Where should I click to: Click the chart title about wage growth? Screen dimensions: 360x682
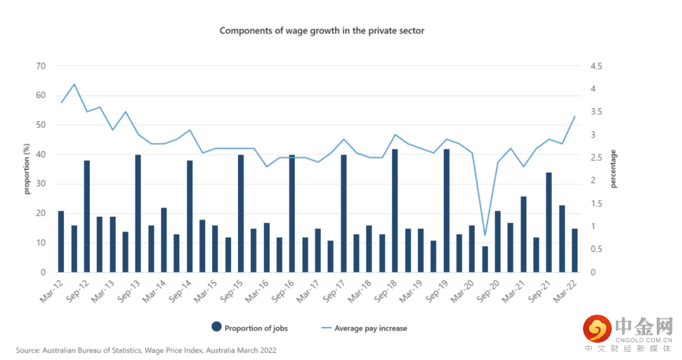(322, 30)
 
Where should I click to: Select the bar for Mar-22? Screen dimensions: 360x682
(575, 250)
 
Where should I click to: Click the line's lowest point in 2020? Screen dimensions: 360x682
(485, 236)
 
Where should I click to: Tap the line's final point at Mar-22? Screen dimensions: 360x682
(575, 116)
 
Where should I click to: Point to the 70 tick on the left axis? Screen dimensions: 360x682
(41, 66)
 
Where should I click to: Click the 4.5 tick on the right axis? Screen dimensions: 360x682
(596, 66)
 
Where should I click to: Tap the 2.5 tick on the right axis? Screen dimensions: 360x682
(596, 158)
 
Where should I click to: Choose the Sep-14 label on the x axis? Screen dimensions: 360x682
(181, 292)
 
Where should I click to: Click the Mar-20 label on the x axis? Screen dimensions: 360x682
(464, 292)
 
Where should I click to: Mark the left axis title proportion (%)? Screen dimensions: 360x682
(27, 169)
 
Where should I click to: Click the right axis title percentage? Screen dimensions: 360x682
(614, 169)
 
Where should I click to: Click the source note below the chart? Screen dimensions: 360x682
(146, 350)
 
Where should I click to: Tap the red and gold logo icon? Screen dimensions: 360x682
(595, 328)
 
